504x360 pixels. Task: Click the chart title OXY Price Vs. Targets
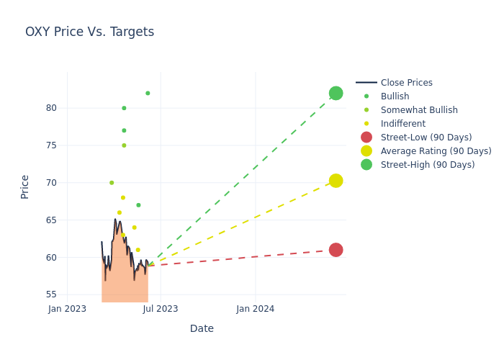tap(89, 32)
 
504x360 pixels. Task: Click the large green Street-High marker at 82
tap(336, 94)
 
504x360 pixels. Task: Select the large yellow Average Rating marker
tap(336, 181)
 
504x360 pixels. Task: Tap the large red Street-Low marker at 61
tap(336, 250)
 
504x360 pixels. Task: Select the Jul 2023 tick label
tap(161, 309)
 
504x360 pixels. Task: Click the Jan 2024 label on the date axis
tap(255, 309)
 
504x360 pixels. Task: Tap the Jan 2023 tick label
tap(67, 309)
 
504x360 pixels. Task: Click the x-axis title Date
tap(202, 329)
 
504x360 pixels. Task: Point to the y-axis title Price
tap(25, 186)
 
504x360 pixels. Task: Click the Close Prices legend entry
tap(406, 83)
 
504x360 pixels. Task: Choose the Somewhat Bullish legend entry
tap(419, 110)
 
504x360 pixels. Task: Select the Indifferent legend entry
tap(402, 124)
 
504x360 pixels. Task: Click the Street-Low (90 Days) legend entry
tap(426, 138)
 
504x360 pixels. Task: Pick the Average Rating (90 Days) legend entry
tap(436, 151)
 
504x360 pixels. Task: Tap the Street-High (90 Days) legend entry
tap(427, 165)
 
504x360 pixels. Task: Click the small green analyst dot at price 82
tap(148, 93)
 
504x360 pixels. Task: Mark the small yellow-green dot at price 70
tap(112, 183)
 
